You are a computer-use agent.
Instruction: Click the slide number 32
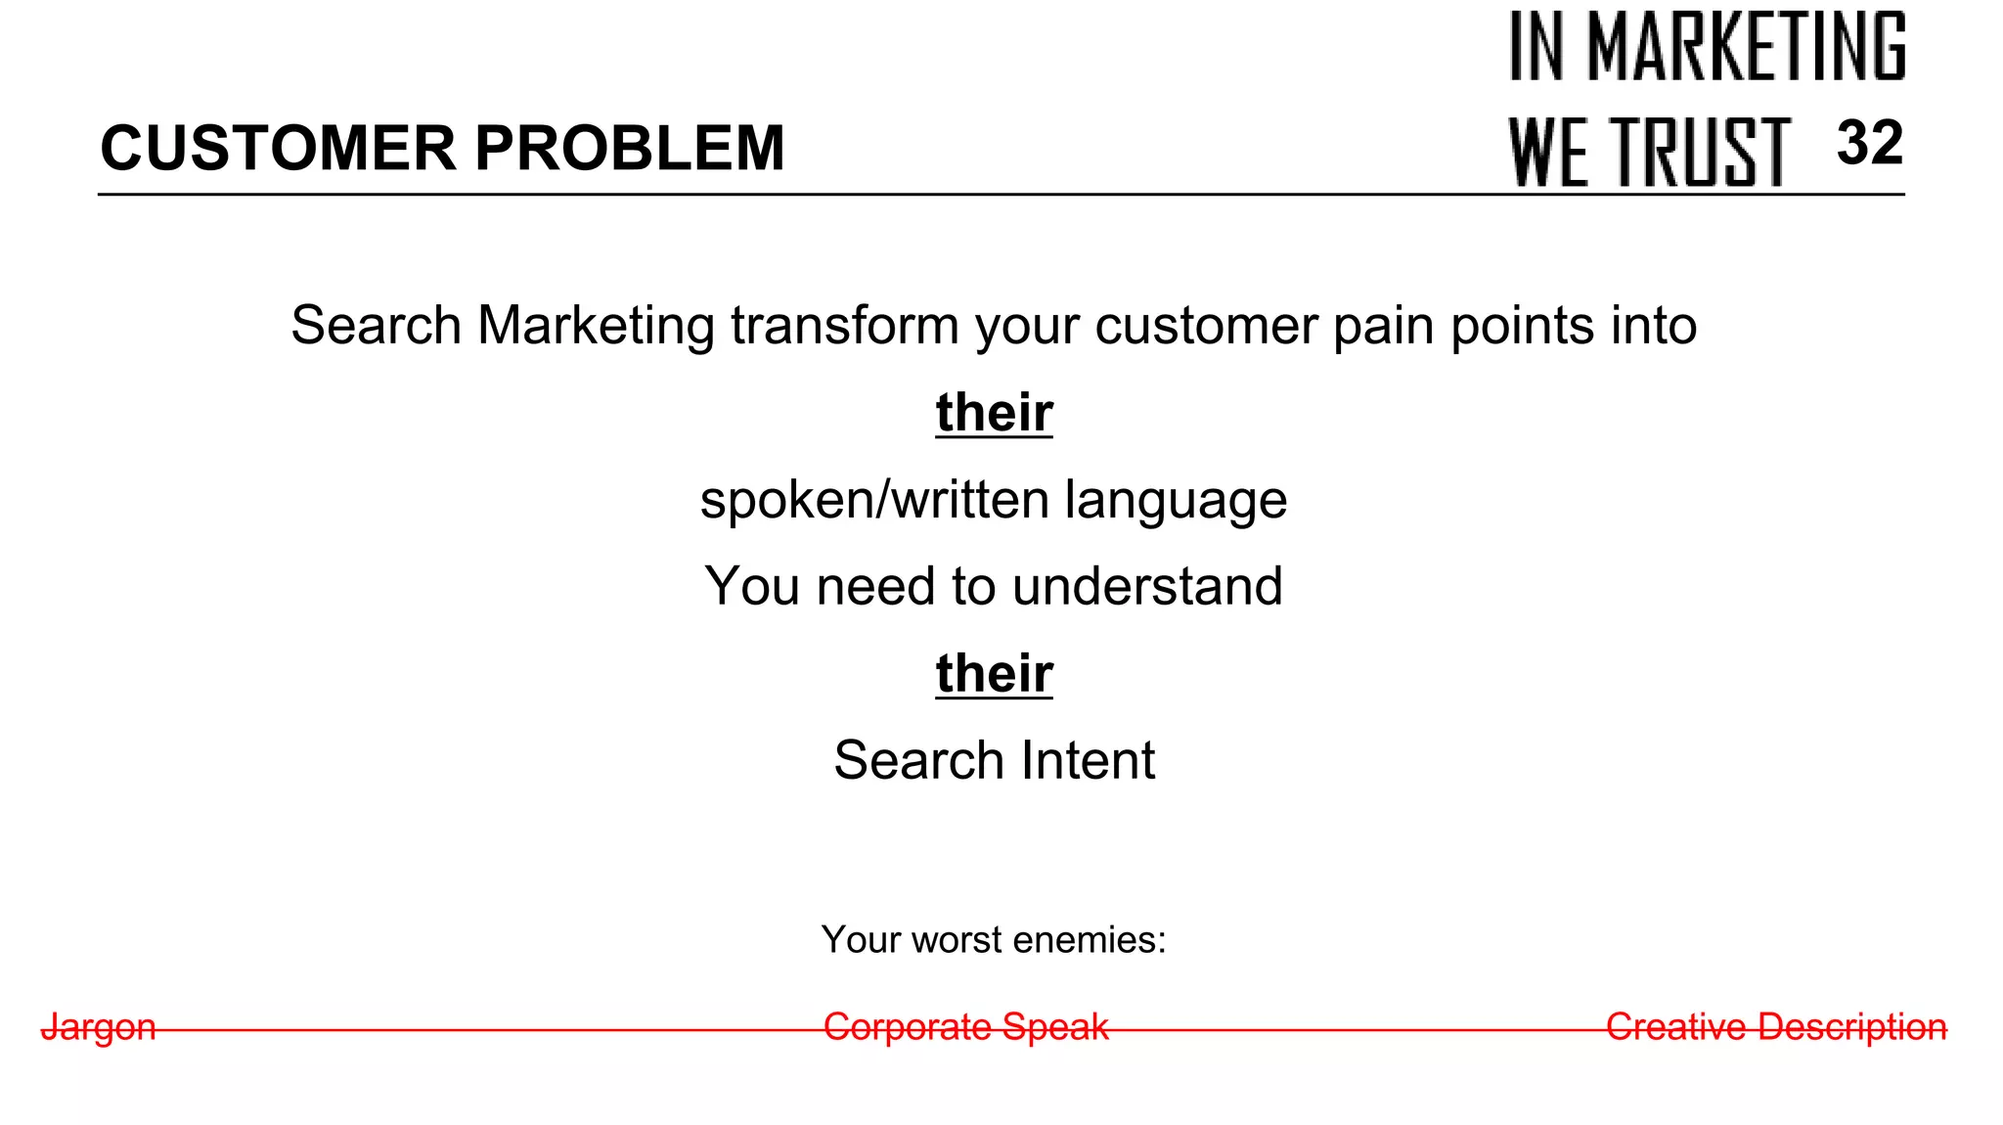point(1869,143)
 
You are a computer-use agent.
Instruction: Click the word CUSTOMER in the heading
point(278,149)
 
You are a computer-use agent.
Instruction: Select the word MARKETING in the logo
point(1747,46)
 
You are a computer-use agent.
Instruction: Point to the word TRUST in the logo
point(1701,152)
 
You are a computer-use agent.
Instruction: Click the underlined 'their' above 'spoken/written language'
point(994,412)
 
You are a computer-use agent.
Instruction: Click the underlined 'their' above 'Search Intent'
point(994,673)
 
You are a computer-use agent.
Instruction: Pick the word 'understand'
point(1147,586)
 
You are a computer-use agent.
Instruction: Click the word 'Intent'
point(1088,760)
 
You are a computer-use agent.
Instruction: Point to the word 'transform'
point(844,326)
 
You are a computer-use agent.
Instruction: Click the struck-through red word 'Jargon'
point(99,1027)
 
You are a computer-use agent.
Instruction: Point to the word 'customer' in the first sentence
point(1206,326)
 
